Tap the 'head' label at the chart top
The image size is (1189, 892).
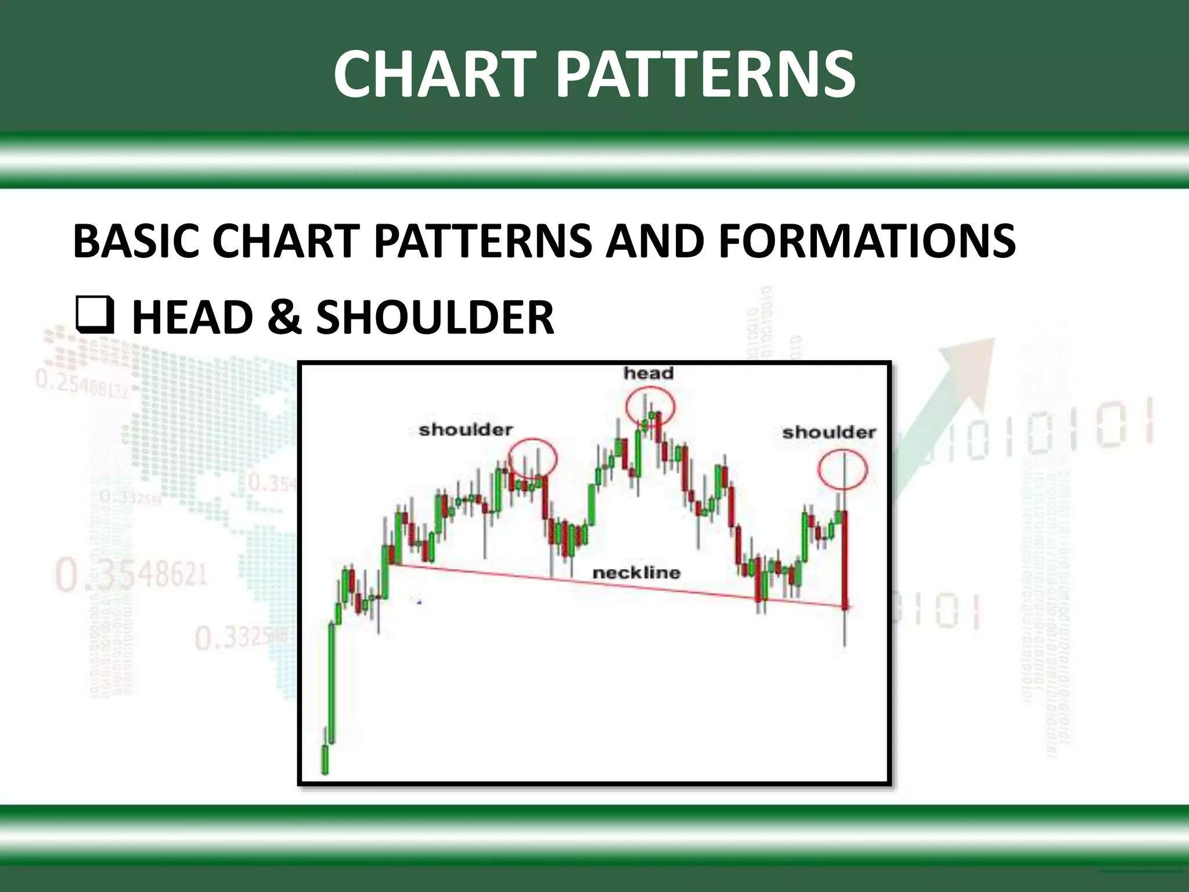[x=648, y=373]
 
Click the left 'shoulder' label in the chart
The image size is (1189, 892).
[x=466, y=430]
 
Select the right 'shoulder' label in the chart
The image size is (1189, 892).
[x=829, y=432]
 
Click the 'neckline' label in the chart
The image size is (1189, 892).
[x=636, y=573]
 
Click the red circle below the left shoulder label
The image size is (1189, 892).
[x=532, y=459]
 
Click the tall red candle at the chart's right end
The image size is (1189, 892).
[x=844, y=557]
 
